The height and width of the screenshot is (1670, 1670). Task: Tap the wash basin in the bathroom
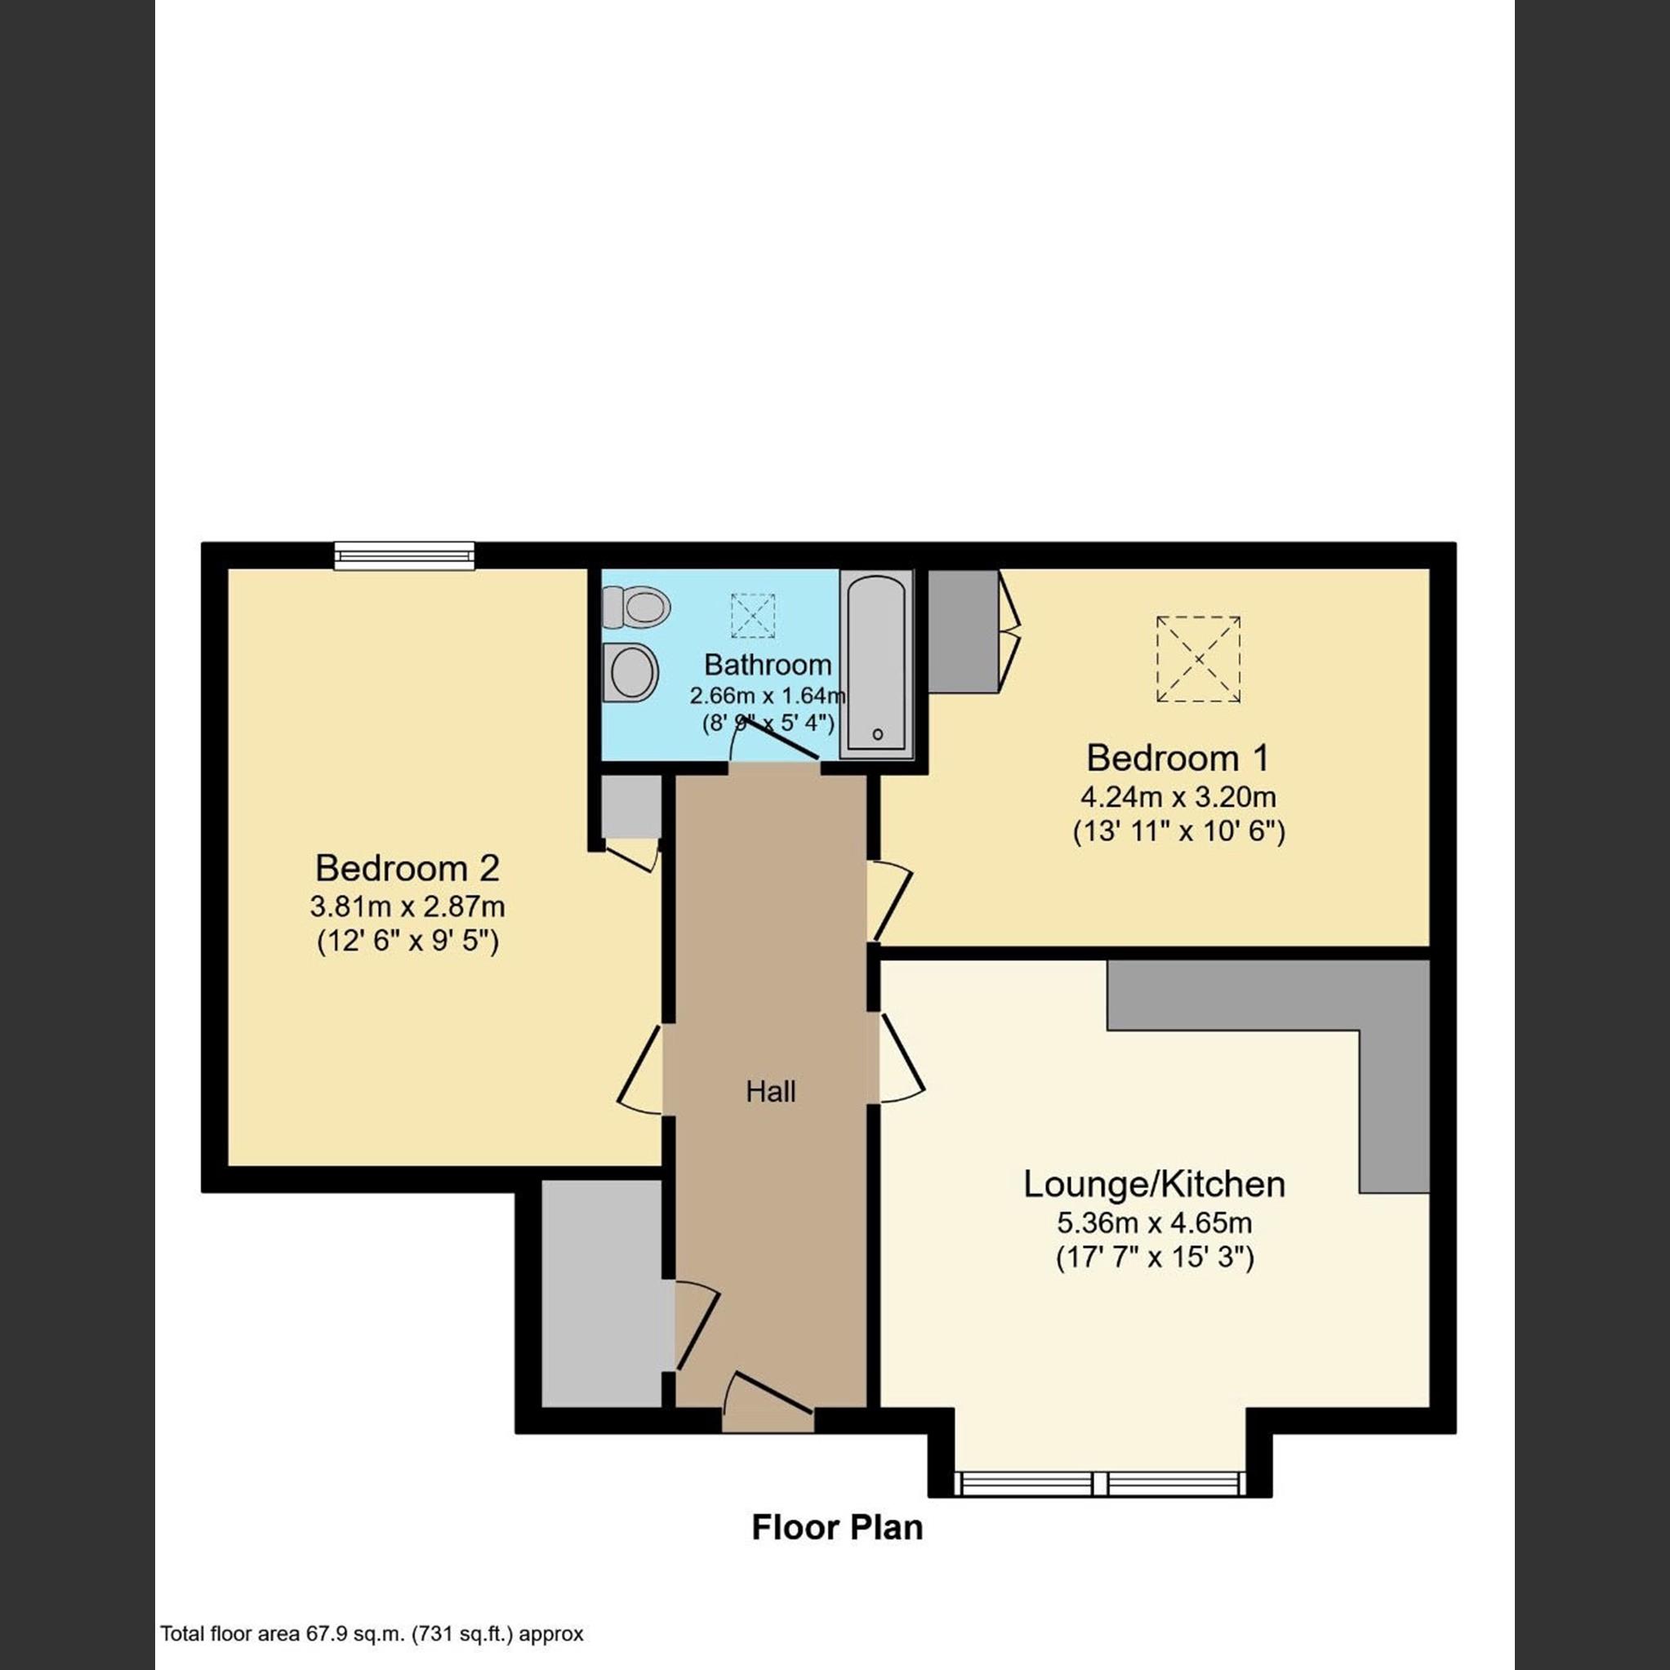[634, 671]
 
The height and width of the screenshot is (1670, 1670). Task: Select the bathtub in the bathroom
[876, 663]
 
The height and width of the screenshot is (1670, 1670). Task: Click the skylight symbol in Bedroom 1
[1198, 660]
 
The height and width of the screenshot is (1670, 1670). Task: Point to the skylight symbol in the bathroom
[753, 616]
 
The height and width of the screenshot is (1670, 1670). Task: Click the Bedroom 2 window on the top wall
[404, 556]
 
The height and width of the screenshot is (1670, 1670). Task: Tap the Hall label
[770, 1092]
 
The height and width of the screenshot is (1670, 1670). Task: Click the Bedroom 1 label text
[1178, 757]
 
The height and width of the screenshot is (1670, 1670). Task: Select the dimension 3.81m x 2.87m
[407, 906]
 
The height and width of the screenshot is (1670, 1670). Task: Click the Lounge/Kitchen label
[1154, 1183]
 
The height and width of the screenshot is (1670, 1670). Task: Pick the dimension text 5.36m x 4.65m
[1154, 1223]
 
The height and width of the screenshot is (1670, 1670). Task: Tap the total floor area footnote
[372, 1634]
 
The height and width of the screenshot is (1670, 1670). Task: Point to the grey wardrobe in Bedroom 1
[963, 630]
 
